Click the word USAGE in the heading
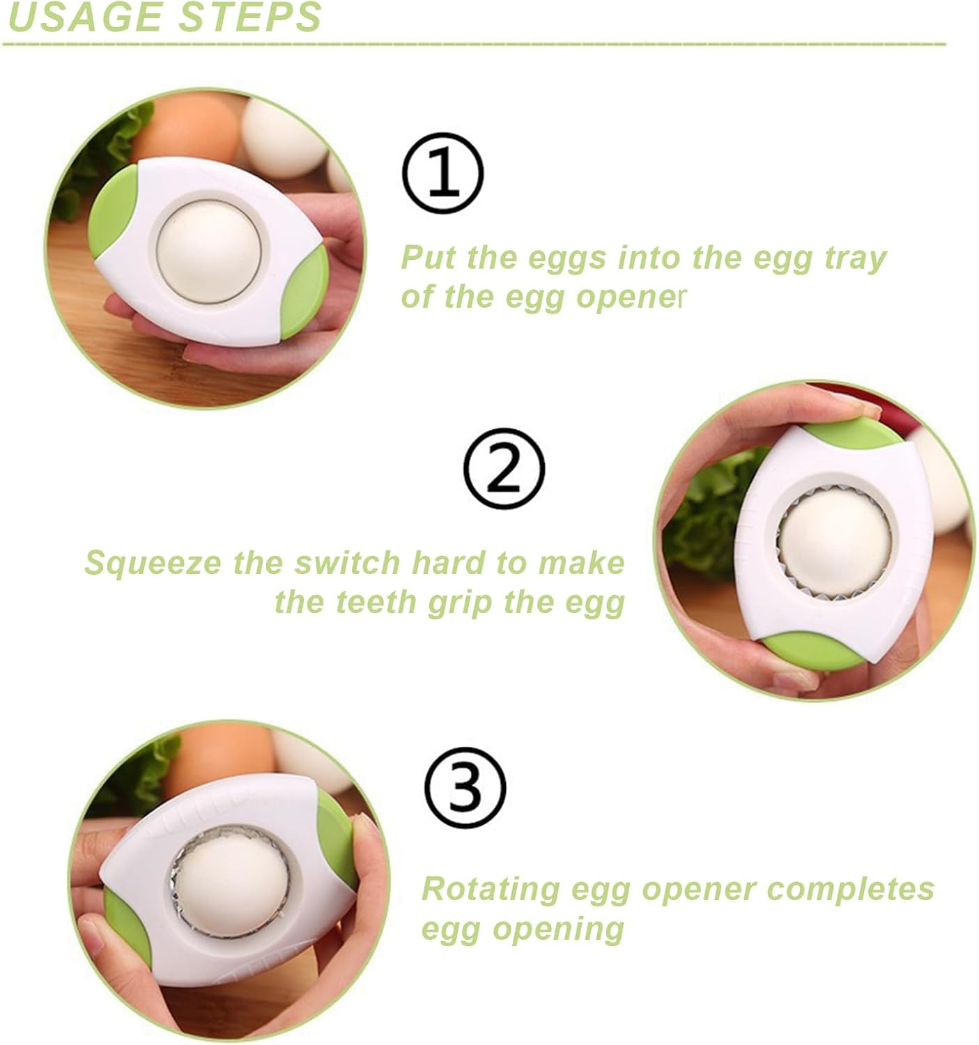pos(84,17)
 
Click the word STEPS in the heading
pos(249,17)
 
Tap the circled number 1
pos(443,174)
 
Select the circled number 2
pos(504,469)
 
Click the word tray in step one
pos(854,258)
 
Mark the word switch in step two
pos(349,563)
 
